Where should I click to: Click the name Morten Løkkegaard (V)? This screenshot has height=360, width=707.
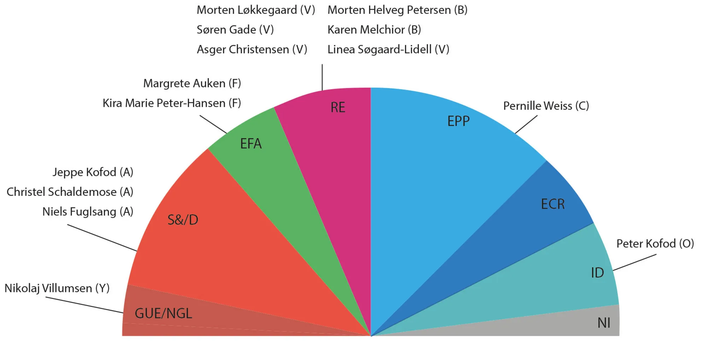point(256,10)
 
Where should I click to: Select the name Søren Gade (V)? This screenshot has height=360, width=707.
point(235,30)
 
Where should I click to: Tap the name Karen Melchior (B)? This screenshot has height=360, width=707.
point(374,30)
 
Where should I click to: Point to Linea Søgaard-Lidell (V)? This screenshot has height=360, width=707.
point(388,50)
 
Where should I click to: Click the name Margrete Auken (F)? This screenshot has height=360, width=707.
point(192,83)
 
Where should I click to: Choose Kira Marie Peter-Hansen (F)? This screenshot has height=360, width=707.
point(171,103)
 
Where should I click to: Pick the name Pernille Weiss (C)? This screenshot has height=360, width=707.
point(546,106)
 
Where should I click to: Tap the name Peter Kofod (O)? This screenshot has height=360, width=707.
point(655,244)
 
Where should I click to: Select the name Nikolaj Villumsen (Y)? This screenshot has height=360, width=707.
point(57,288)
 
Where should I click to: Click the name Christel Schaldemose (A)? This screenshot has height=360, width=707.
point(70,192)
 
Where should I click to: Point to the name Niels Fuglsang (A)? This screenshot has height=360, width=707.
point(88,212)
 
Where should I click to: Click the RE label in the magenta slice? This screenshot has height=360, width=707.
point(338,108)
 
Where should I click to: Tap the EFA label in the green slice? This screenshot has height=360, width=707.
point(251,144)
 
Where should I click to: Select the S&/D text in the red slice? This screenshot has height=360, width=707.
point(182,220)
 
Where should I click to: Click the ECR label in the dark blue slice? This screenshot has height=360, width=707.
point(553,204)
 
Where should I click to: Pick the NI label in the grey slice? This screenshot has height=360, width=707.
point(603,323)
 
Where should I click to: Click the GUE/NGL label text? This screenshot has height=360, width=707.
point(163,314)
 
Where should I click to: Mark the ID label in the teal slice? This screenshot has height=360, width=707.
point(597,273)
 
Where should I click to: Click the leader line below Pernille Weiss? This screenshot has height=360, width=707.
point(526,124)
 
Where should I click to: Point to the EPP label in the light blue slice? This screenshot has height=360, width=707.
point(458,121)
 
